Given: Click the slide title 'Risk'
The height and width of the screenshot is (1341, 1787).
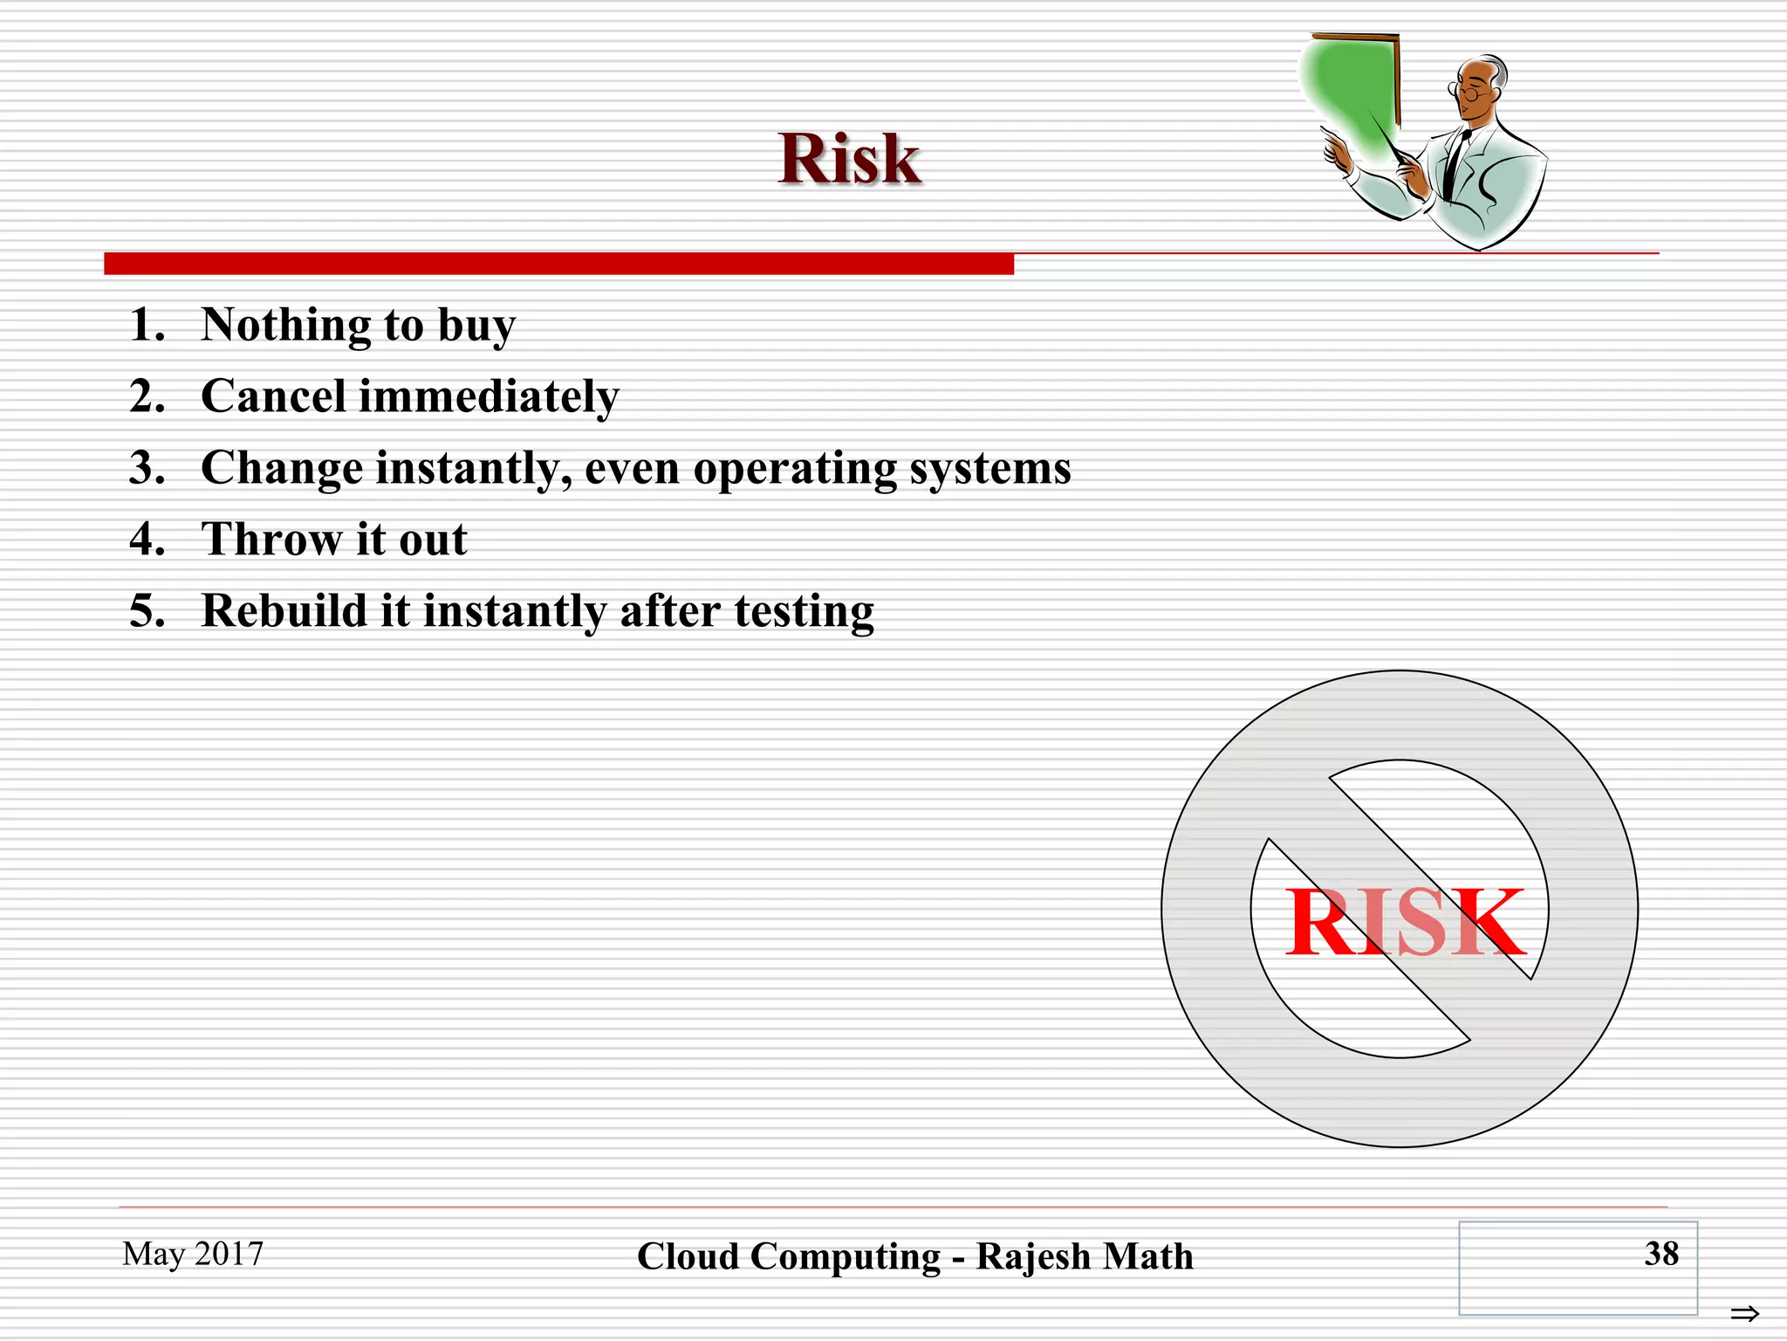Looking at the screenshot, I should tap(849, 159).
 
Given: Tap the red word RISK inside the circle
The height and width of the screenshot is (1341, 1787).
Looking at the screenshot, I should tap(1405, 922).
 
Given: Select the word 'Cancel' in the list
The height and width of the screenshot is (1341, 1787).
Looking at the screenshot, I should tap(274, 396).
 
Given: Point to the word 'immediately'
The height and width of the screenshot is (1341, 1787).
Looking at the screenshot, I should tap(489, 398).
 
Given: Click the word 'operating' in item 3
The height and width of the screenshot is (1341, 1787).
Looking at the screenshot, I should tap(794, 470).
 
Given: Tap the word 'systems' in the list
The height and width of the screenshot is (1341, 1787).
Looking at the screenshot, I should tap(990, 470).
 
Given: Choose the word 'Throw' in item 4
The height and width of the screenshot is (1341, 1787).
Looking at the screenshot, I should tap(271, 539).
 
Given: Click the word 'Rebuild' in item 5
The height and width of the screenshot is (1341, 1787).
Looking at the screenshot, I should tap(284, 610).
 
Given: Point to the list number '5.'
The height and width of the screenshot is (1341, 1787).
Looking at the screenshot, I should tap(147, 611).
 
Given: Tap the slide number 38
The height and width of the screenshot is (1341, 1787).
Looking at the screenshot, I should tap(1661, 1254).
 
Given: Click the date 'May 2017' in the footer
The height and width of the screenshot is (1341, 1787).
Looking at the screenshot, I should tap(193, 1254).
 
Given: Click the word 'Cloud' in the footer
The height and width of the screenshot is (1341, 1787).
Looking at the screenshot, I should tap(688, 1257).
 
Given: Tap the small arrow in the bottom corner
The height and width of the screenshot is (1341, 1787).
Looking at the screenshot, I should tap(1744, 1313).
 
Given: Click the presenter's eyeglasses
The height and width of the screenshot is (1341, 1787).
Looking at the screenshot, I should tap(1469, 89).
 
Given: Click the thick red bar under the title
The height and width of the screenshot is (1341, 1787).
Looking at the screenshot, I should tap(558, 264).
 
